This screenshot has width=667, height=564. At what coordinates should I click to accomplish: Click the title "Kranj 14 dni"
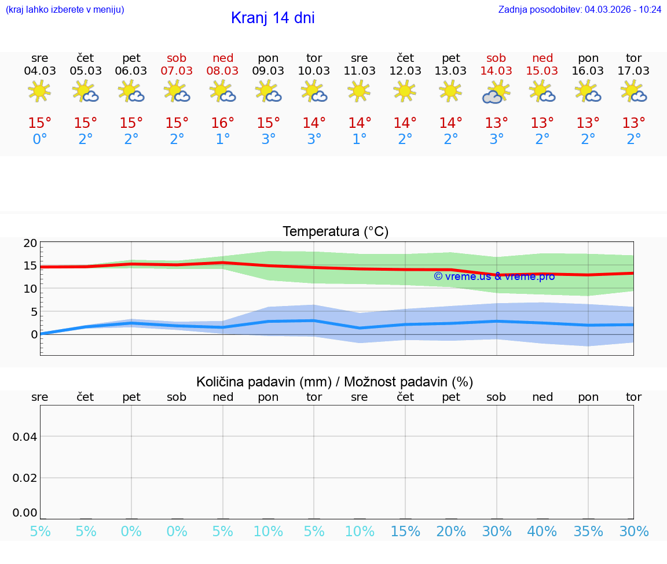pos(273,18)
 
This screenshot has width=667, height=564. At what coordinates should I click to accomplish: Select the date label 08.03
pos(223,71)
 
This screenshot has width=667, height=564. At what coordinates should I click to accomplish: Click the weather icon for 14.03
pos(496,92)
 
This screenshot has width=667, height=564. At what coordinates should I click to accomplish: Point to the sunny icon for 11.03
pos(359,91)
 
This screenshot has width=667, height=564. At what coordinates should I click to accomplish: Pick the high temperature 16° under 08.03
pos(223,123)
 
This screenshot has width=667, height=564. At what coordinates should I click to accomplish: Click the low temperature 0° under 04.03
pos(40,139)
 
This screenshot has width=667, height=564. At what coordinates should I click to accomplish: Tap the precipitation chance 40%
pos(542,531)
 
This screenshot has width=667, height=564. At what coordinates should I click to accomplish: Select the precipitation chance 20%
pos(451,531)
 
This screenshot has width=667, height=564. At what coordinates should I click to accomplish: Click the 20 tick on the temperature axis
pos(30,243)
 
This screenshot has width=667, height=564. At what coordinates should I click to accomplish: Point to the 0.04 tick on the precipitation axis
pos(25,437)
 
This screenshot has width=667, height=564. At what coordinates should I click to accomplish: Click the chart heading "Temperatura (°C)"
pos(335,231)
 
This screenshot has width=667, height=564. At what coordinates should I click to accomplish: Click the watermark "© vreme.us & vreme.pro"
pos(494,277)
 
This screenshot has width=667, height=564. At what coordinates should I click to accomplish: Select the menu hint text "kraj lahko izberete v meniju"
pos(65,10)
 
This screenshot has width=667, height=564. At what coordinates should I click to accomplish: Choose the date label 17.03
pos(633,71)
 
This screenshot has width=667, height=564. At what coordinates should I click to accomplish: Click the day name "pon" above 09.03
pos(268,58)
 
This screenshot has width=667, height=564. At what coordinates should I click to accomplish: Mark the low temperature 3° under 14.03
pos(496,139)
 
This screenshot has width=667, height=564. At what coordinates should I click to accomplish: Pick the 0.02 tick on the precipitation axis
pos(25,478)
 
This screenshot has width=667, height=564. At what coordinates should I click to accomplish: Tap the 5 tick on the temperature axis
pos(34,312)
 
